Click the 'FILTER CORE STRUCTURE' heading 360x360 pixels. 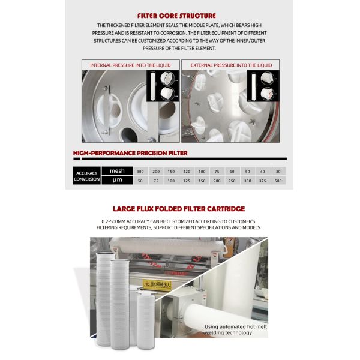tap(180, 15)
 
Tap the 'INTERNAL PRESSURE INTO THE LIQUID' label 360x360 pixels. tap(130, 65)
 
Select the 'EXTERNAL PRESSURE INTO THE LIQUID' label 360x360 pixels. tap(231, 65)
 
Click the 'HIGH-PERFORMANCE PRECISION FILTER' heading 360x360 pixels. tap(130, 154)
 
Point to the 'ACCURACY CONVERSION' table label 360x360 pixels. tap(87, 175)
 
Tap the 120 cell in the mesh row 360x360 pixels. tap(186, 171)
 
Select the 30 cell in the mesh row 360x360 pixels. tap(278, 171)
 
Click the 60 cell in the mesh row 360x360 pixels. tap(232, 171)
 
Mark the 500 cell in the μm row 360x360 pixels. tap(278, 180)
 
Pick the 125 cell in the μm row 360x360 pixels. tap(186, 180)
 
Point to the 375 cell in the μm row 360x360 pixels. tap(262, 180)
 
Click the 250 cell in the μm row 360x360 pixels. tap(232, 180)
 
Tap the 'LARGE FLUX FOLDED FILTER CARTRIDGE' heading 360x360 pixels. tap(180, 209)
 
